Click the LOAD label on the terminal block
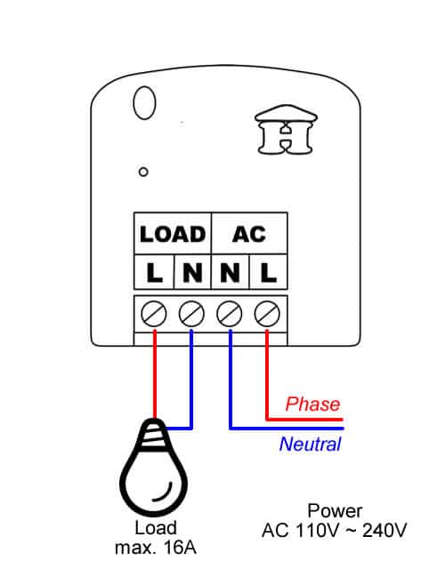pyautogui.click(x=173, y=234)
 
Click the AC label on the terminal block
pyautogui.click(x=249, y=234)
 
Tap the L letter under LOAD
pyautogui.click(x=154, y=273)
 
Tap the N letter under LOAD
pyautogui.click(x=192, y=273)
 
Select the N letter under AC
pyautogui.click(x=230, y=273)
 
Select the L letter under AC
pyautogui.click(x=268, y=273)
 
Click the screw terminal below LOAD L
pyautogui.click(x=154, y=314)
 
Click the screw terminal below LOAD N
pyautogui.click(x=192, y=314)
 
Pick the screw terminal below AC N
pyautogui.click(x=230, y=314)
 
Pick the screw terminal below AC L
pyautogui.click(x=267, y=314)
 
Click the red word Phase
pyautogui.click(x=312, y=405)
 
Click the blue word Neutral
pyautogui.click(x=311, y=444)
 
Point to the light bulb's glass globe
pyautogui.click(x=153, y=483)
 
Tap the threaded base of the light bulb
pyautogui.click(x=154, y=435)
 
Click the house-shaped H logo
pyautogui.click(x=287, y=130)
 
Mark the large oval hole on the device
pyautogui.click(x=144, y=103)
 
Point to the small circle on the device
pyautogui.click(x=143, y=172)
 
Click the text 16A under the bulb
pyautogui.click(x=180, y=548)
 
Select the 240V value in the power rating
pyautogui.click(x=384, y=530)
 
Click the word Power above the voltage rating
pyautogui.click(x=335, y=511)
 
